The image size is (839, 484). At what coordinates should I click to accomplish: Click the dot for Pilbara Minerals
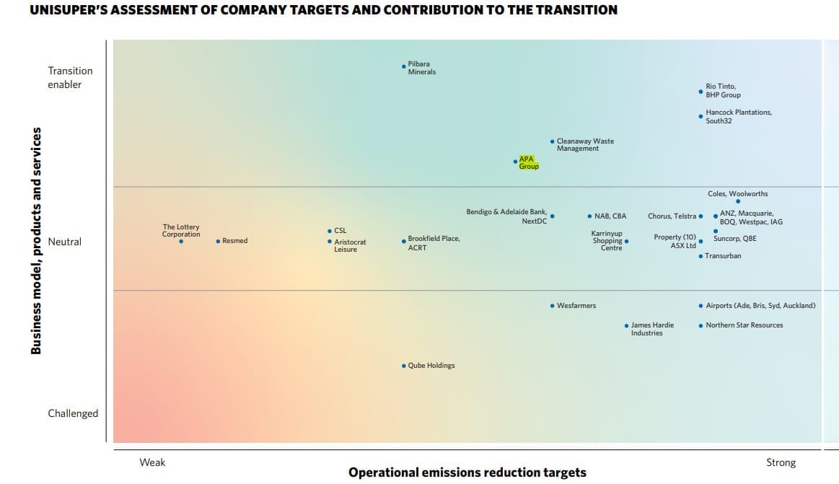tap(403, 66)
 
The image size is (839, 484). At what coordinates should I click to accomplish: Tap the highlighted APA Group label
tap(529, 162)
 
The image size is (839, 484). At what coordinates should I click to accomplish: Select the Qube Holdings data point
tap(403, 366)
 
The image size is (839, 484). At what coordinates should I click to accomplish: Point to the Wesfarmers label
tap(576, 306)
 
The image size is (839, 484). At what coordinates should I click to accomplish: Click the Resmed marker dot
tap(218, 241)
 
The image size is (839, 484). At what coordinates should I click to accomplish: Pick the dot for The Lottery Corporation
tap(181, 241)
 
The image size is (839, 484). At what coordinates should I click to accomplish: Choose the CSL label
tap(340, 231)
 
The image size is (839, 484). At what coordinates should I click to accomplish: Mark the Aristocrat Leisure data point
tap(330, 242)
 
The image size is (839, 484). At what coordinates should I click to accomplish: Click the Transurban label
tap(723, 256)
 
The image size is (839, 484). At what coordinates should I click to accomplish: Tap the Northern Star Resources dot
tap(700, 325)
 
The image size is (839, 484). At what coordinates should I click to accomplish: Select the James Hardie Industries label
tap(652, 329)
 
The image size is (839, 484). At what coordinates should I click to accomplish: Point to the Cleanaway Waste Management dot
tap(552, 141)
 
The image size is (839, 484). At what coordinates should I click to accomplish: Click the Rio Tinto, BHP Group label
tap(723, 91)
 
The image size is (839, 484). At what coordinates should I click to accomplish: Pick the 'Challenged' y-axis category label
tap(73, 413)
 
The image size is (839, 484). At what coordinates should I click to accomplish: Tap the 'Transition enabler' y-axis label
tap(70, 77)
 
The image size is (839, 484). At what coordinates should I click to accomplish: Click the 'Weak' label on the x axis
tap(152, 462)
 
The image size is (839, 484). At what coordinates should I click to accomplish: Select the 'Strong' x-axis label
tap(781, 462)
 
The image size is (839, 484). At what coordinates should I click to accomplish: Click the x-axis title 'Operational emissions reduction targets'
tap(467, 472)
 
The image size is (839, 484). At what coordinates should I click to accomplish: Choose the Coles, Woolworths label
tap(737, 194)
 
